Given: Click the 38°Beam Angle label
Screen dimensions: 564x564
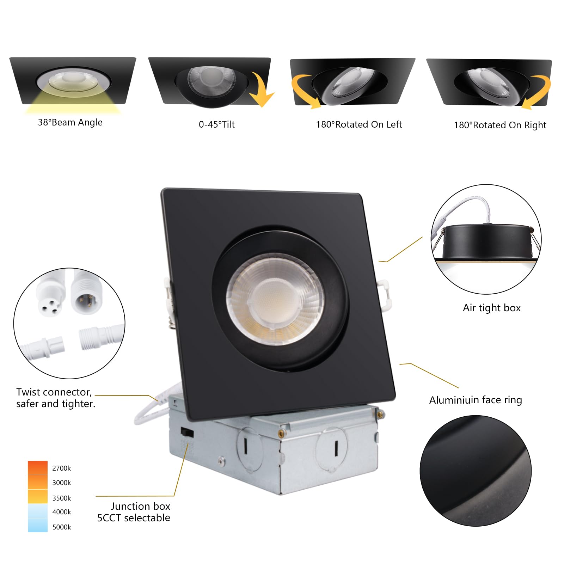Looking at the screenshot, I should click(x=70, y=122).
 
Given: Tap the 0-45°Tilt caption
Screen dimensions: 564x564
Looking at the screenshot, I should click(x=216, y=124).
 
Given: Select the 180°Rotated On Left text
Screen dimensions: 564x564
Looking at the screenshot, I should click(x=359, y=124).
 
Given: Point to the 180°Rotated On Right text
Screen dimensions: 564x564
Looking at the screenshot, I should click(x=500, y=125).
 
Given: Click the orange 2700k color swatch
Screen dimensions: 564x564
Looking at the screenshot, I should click(x=38, y=468).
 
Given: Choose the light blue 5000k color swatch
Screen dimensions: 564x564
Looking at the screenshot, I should click(x=38, y=525).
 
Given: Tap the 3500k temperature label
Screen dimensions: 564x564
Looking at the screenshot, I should click(x=61, y=498).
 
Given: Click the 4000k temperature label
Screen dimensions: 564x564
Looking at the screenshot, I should click(x=61, y=512).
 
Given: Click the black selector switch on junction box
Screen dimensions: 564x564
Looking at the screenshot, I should click(x=187, y=432).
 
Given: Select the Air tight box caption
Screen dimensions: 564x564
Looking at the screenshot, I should click(x=491, y=308).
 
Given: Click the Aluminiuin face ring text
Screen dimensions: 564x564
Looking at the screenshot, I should click(x=475, y=400).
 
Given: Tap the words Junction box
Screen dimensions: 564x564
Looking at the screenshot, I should click(x=140, y=506).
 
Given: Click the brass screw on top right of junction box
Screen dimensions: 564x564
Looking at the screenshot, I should click(x=380, y=414).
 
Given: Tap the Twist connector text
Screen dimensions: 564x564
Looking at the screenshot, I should click(x=54, y=392).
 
